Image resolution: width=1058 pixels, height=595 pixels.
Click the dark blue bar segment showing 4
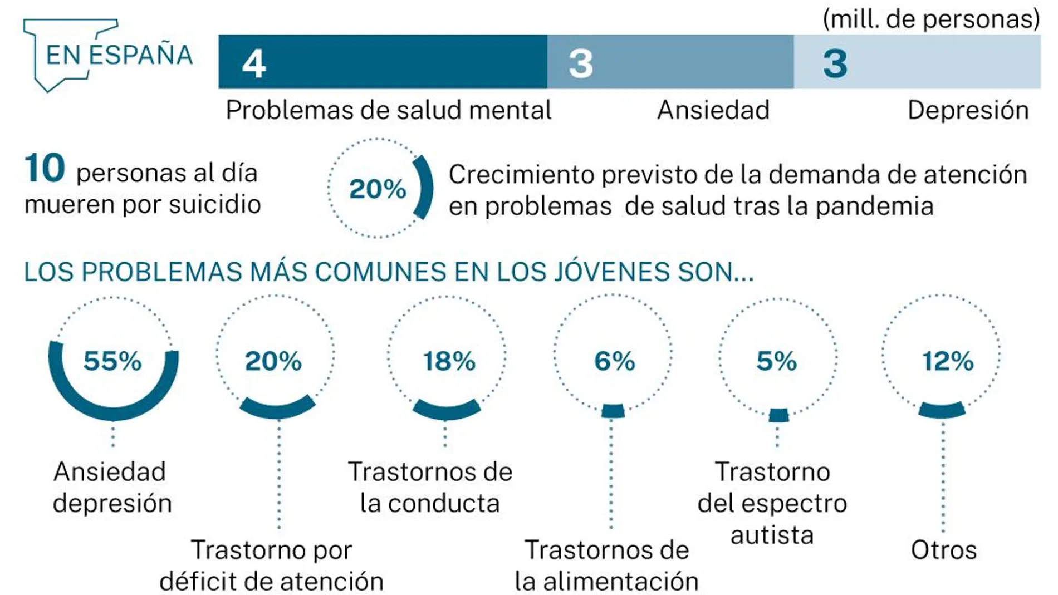(382, 62)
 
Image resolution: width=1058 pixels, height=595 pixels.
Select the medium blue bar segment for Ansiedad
(670, 62)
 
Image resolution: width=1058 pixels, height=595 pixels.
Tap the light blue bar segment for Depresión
(917, 62)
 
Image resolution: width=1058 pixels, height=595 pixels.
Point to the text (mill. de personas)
(931, 19)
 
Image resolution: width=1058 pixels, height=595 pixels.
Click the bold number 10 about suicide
(45, 168)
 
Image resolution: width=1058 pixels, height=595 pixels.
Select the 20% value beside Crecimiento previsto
(378, 189)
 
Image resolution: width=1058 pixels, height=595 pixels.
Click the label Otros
(943, 550)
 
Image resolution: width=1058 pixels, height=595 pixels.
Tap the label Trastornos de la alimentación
(606, 566)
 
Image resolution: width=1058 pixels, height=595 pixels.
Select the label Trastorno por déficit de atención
(272, 566)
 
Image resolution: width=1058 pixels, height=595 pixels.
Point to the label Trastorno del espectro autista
(772, 503)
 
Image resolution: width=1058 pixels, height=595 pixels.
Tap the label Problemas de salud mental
(388, 110)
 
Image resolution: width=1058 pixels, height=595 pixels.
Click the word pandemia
(874, 206)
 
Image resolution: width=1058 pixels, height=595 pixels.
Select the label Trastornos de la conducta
(430, 488)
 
